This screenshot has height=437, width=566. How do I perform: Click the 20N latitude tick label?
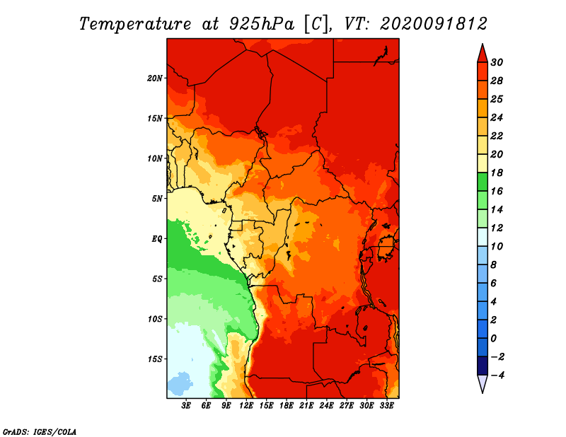point(155,78)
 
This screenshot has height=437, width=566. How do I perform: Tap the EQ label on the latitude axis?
point(157,239)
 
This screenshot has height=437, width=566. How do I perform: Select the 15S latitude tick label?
point(155,359)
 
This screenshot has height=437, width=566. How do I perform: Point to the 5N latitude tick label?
point(157,199)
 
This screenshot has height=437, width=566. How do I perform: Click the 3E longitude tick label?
point(186,406)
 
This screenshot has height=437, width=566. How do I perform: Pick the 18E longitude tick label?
point(287,406)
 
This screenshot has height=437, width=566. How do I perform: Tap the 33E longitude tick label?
point(386,406)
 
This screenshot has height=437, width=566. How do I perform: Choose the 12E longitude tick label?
point(246,406)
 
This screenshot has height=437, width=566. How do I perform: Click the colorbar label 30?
point(497,62)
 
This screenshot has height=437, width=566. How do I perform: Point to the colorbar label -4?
point(497,375)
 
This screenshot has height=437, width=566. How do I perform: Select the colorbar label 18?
point(497,173)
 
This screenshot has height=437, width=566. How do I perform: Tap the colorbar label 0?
point(494,339)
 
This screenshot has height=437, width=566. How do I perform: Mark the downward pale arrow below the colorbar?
point(483,383)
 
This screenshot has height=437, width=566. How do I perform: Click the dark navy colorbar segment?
point(483,366)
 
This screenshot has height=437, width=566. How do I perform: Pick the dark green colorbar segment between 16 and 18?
point(483,182)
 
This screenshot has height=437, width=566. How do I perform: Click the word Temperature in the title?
point(135,24)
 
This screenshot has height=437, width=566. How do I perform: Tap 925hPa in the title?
point(262,24)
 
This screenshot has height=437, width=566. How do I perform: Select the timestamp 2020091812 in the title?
point(434,24)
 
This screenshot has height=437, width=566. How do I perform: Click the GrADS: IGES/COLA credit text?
point(40,432)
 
